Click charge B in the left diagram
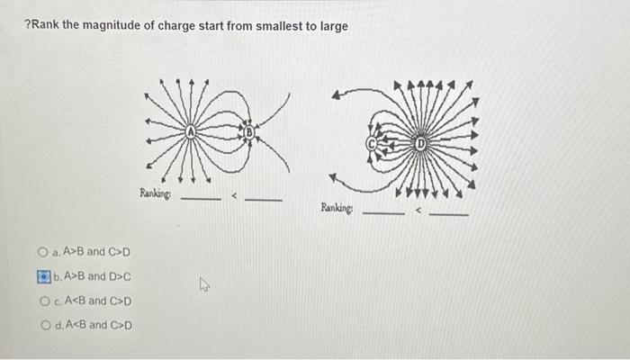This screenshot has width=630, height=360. tap(252, 133)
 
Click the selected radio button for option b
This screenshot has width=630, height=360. tap(42, 276)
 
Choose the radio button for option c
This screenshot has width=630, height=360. tap(42, 301)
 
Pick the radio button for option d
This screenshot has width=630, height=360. tap(42, 325)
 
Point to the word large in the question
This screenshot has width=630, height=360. tap(330, 26)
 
